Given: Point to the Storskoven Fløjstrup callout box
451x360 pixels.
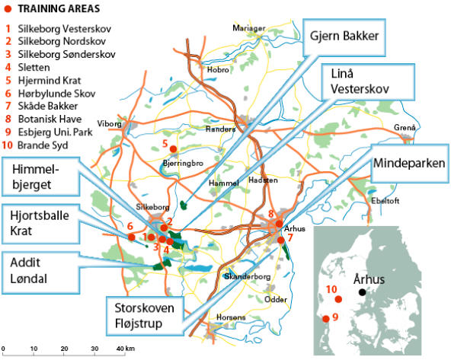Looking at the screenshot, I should (x=146, y=316).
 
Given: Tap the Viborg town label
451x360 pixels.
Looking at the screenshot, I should (x=110, y=123).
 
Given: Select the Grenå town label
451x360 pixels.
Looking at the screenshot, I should (x=405, y=127).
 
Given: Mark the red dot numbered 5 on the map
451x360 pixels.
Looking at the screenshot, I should (x=173, y=148).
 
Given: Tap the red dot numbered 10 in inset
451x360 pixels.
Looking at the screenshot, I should (x=337, y=300).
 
